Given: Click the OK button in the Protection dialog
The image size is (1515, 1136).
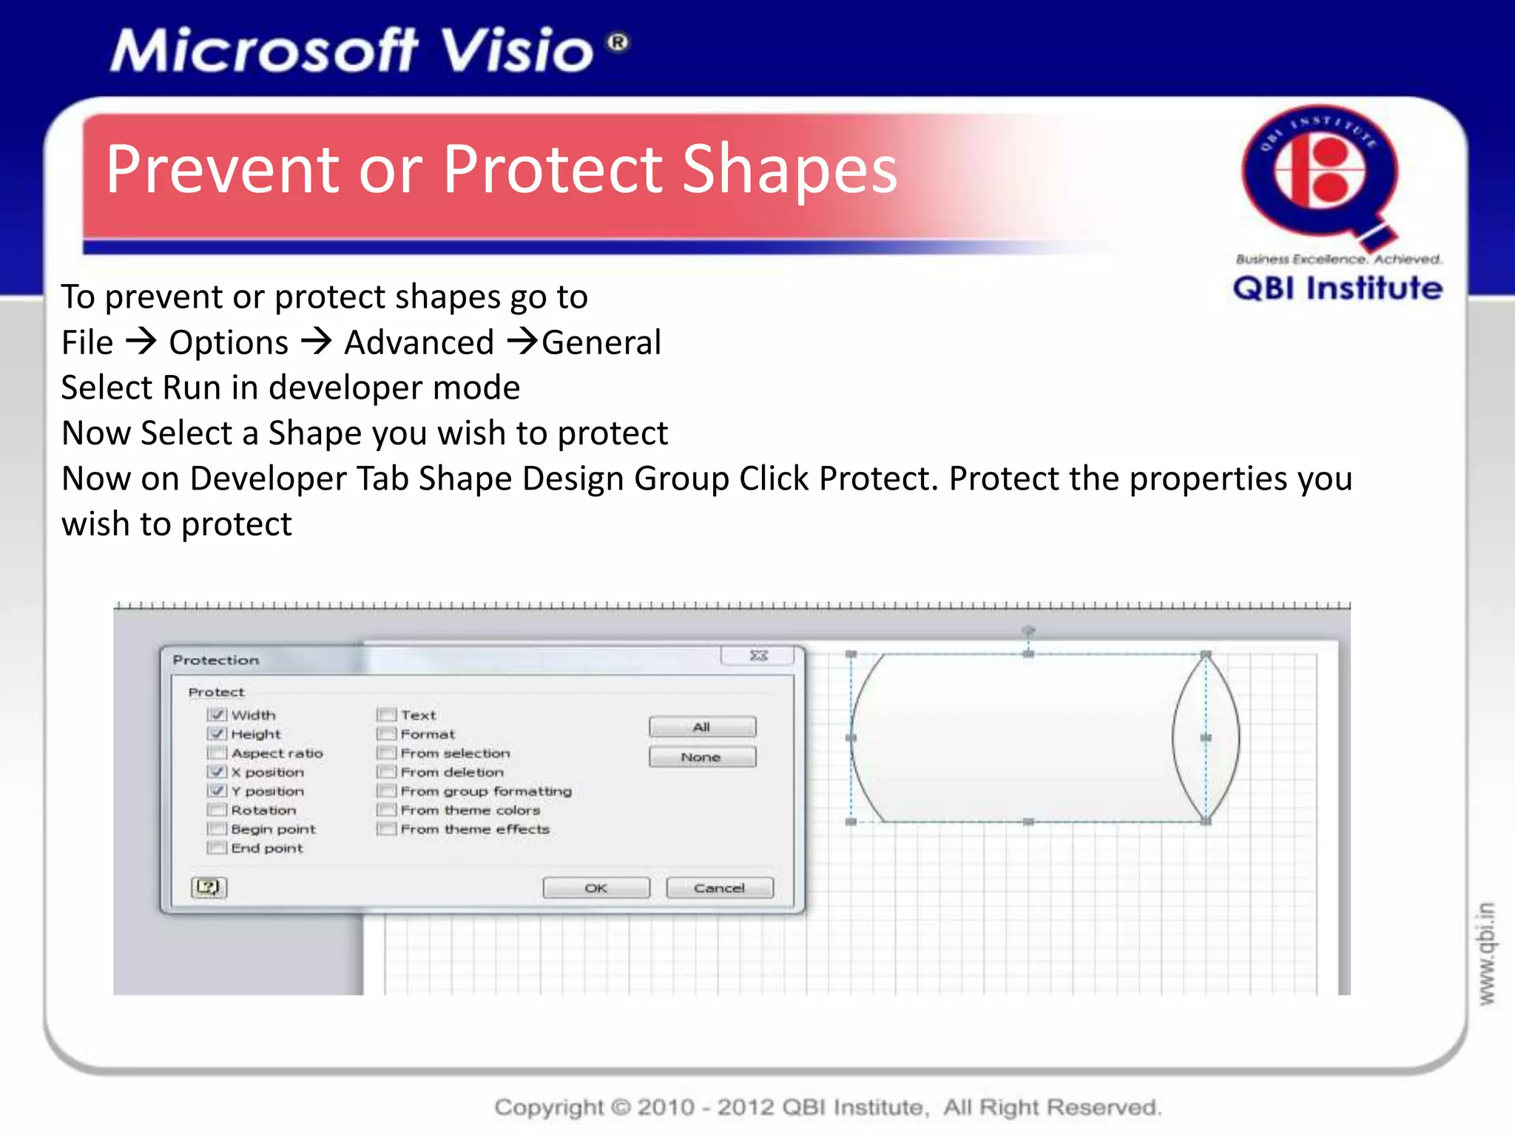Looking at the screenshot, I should pos(596,887).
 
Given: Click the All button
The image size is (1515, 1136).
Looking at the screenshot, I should pos(702,727).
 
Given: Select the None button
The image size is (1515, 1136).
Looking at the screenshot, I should pos(702,757).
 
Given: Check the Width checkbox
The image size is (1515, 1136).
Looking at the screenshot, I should pos(217,715).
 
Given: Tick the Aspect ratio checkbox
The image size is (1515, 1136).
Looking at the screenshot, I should pos(217,753).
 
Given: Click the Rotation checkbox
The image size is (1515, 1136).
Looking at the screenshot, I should pos(217,810).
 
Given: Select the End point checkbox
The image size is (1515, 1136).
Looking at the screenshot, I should pos(217,848).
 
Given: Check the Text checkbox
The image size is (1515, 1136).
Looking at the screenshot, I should pos(386,715).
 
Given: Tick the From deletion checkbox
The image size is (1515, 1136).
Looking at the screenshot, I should pos(386,772).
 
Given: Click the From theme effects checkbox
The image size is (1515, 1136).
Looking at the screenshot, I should pos(386,829).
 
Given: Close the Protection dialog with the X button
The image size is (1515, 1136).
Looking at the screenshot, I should pos(759,656).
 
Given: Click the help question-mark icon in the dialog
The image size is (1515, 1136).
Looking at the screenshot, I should pos(209,887).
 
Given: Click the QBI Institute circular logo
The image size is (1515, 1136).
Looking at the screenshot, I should pos(1320,174).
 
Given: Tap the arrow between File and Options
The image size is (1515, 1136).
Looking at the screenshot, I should pos(141,342).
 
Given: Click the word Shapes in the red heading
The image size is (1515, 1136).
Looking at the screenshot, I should pos(789,170).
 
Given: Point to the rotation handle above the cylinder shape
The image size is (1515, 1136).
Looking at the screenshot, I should pos(1028,630).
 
